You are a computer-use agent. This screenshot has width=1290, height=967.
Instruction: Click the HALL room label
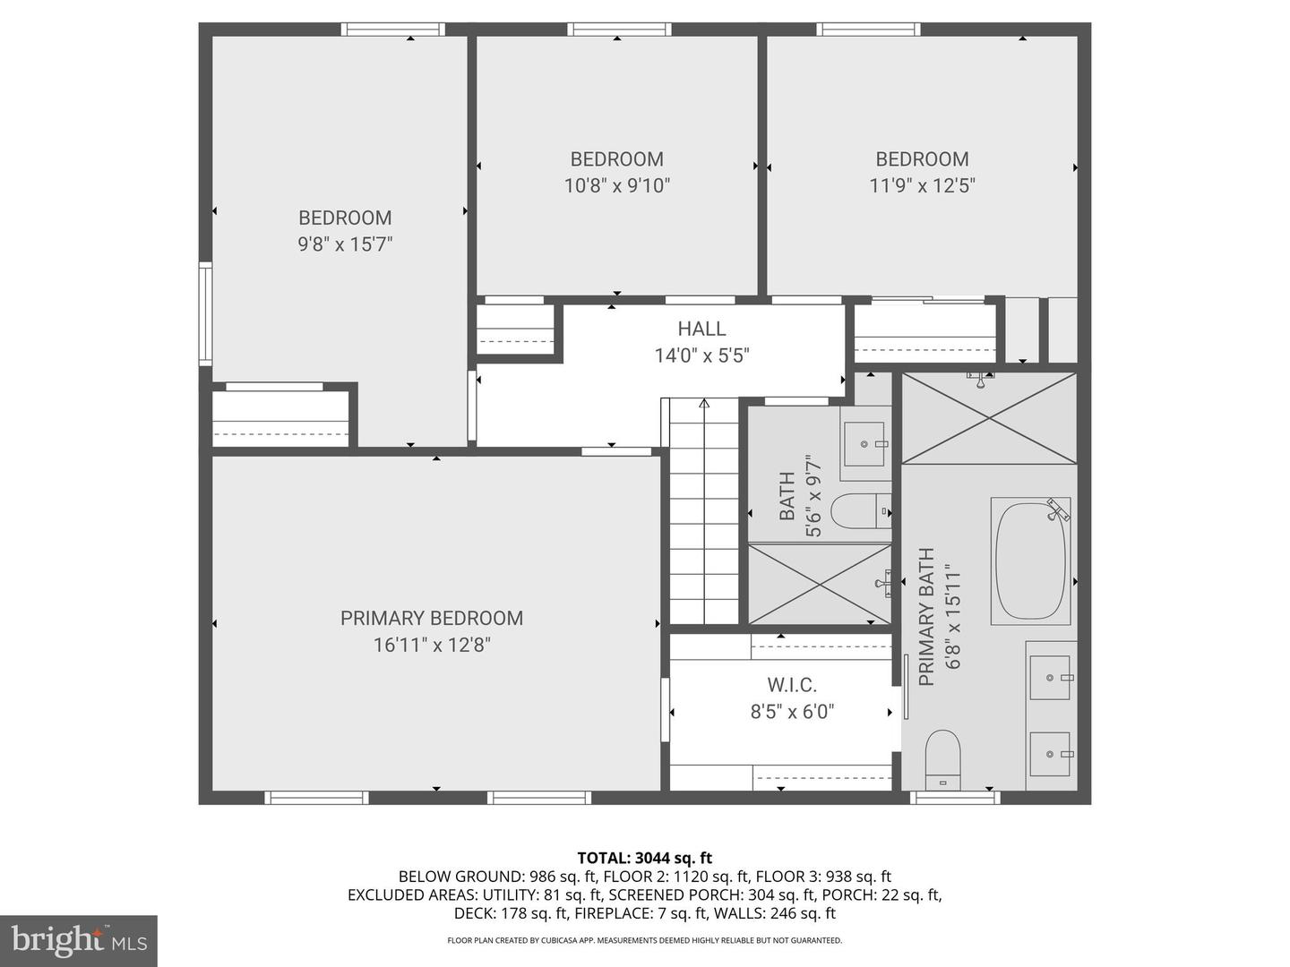tap(701, 329)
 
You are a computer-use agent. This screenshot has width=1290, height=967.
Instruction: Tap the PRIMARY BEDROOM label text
tap(432, 618)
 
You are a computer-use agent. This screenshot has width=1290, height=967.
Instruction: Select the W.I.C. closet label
tap(792, 685)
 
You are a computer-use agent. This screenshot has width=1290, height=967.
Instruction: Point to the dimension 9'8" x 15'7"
tap(345, 244)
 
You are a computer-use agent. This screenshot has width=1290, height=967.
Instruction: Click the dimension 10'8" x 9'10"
tap(617, 186)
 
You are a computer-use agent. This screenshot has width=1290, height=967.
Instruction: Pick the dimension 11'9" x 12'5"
tap(922, 186)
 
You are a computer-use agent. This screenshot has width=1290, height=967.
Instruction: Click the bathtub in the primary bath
tap(1030, 561)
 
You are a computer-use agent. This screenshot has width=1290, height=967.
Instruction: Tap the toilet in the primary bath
tap(942, 760)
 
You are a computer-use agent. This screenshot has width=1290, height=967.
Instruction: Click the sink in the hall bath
tap(864, 444)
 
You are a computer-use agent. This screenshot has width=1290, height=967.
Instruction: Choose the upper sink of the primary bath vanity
tap(1050, 678)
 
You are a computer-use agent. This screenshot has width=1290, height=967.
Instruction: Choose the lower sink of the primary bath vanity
tap(1050, 754)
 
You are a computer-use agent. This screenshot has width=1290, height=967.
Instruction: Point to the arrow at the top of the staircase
tap(704, 403)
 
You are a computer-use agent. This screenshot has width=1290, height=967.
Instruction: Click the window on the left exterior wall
tap(205, 313)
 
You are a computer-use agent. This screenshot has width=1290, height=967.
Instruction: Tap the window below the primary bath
tap(955, 797)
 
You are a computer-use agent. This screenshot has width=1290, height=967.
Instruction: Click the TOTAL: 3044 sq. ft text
tap(645, 859)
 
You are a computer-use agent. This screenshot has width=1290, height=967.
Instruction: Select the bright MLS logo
tap(79, 940)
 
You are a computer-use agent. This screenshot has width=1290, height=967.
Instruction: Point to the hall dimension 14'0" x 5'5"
tap(702, 355)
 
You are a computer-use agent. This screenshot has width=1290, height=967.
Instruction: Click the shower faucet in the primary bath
tap(980, 380)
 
